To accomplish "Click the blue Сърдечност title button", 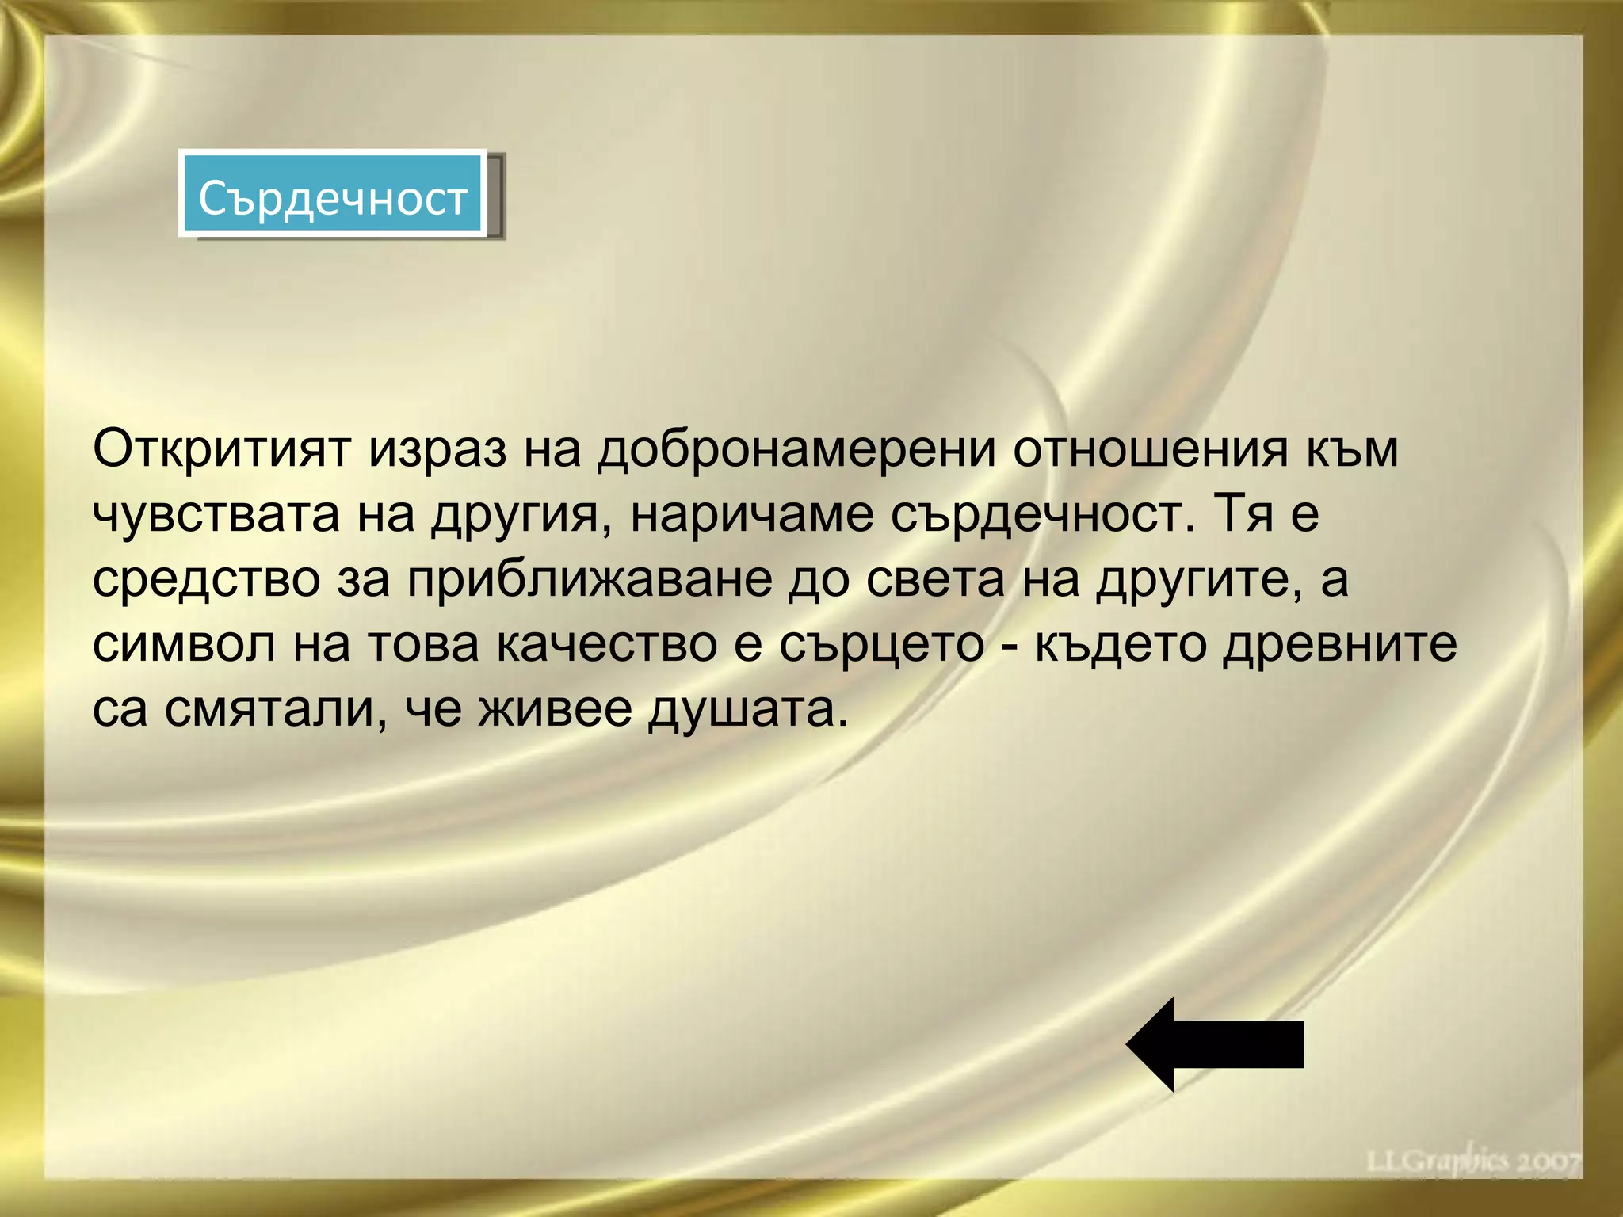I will coord(333,195).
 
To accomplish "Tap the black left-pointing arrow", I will coord(1215,1044).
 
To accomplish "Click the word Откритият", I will coord(221,450).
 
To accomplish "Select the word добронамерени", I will coord(796,450).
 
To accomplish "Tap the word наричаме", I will coord(751,515).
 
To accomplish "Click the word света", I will coord(935,580).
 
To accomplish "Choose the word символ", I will coord(184,645).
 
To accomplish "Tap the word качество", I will coord(607,645).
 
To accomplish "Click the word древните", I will coord(1338,645).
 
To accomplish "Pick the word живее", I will coord(555,710).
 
